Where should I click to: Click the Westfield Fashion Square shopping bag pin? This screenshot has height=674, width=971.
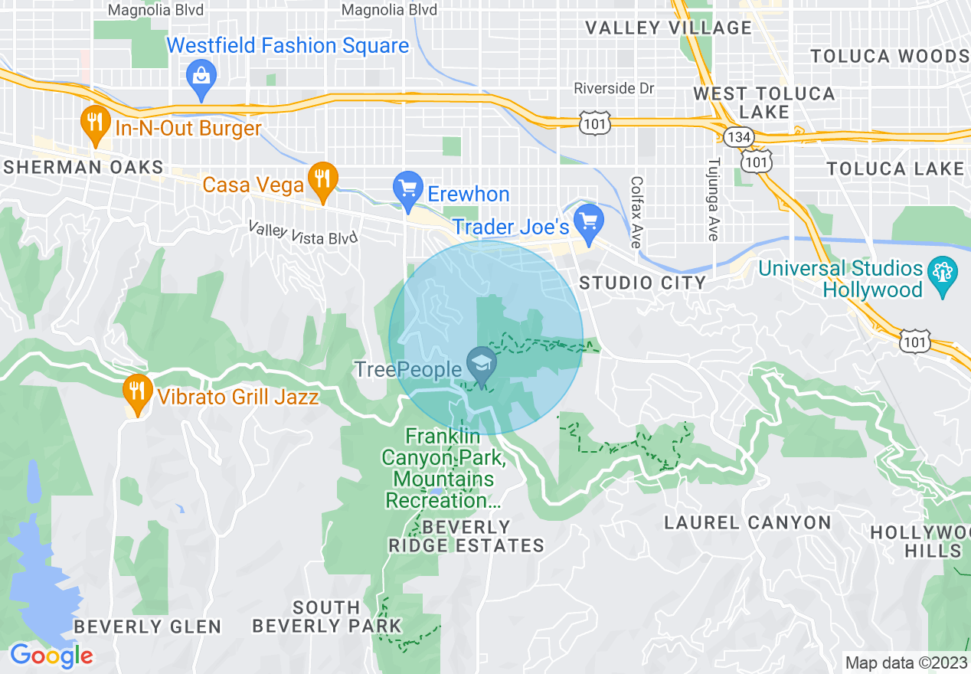click(x=201, y=77)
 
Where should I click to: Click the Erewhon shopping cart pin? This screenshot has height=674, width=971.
click(x=407, y=188)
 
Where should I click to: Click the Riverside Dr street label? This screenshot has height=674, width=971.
click(x=614, y=89)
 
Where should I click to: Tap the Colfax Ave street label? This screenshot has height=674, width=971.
click(x=636, y=212)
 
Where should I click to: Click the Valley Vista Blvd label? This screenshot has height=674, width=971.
click(x=303, y=233)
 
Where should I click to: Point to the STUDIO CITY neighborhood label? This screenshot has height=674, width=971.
click(x=642, y=283)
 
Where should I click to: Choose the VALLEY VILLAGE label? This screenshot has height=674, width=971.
click(x=669, y=28)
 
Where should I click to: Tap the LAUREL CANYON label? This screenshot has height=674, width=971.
click(x=747, y=522)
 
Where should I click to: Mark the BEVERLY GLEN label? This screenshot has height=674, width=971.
click(x=148, y=627)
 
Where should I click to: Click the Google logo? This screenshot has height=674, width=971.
click(x=51, y=656)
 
